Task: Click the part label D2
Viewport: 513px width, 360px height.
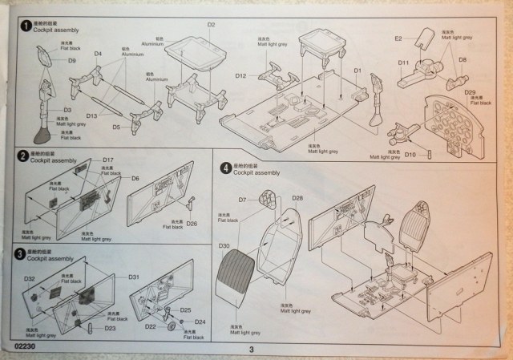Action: pyautogui.click(x=212, y=25)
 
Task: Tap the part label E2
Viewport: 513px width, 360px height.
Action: pyautogui.click(x=398, y=38)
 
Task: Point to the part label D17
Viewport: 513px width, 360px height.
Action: pyautogui.click(x=109, y=161)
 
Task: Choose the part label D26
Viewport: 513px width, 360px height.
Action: pyautogui.click(x=192, y=223)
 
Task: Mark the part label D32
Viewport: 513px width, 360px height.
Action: pyautogui.click(x=29, y=278)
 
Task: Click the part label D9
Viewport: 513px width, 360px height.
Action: pyautogui.click(x=71, y=61)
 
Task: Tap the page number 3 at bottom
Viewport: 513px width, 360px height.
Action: pyautogui.click(x=251, y=349)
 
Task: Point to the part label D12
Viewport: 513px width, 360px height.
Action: pyautogui.click(x=240, y=75)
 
